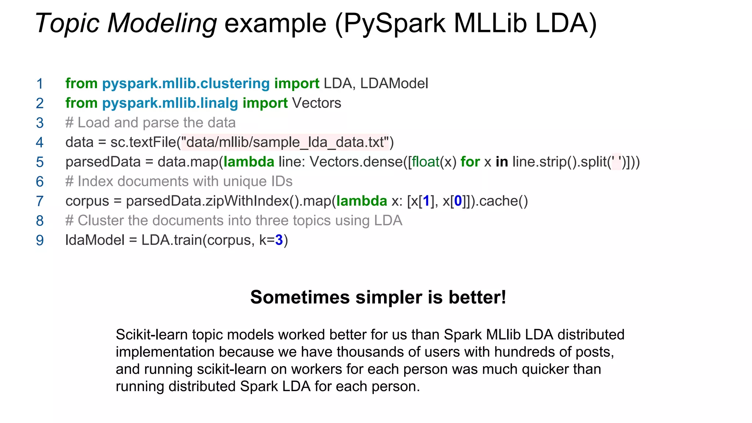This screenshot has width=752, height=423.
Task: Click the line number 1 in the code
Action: click(40, 84)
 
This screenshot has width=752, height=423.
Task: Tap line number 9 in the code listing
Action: click(40, 241)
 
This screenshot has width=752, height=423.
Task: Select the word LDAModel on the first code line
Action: click(394, 84)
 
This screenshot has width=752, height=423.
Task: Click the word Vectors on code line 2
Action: click(317, 103)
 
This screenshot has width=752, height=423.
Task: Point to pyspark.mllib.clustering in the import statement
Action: click(186, 84)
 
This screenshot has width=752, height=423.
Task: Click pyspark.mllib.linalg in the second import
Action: click(170, 103)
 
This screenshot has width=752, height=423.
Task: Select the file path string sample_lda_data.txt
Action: click(285, 142)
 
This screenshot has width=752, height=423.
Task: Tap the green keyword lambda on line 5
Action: click(249, 162)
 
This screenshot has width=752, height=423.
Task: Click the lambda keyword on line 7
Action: click(362, 201)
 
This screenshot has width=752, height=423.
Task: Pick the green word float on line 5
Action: click(426, 162)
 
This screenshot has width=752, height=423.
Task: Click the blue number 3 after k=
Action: click(279, 240)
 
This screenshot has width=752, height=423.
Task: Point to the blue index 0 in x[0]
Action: click(458, 201)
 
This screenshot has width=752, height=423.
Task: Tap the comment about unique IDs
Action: click(179, 181)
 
